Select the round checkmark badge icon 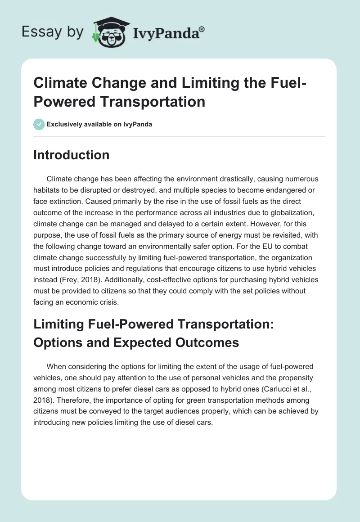[x=39, y=124]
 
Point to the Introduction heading [x=71, y=155]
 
